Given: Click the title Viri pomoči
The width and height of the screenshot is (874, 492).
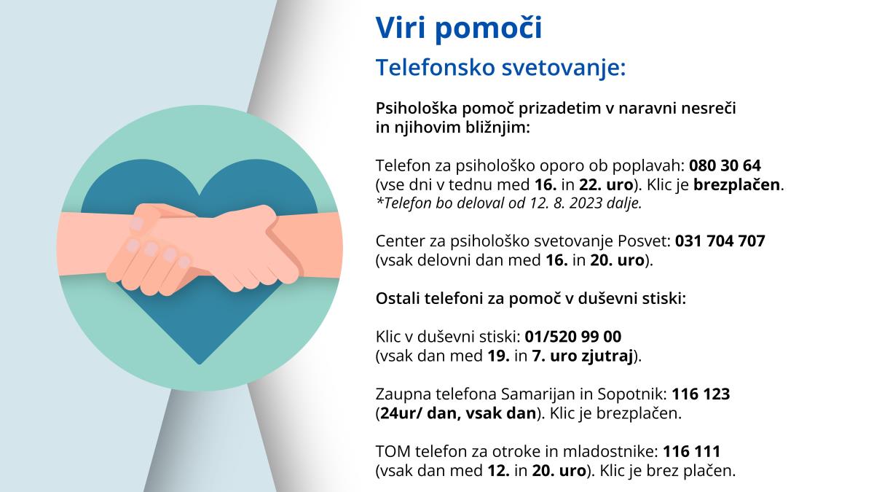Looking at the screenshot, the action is pos(459,28).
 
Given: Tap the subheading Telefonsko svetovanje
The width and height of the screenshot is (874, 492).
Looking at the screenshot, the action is pos(500,68).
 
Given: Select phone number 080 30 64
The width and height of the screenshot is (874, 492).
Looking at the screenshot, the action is pos(725,165).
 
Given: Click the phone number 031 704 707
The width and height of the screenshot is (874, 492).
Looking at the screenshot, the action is pos(720,241).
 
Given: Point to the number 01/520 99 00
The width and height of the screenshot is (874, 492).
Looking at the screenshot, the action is pos(572,336).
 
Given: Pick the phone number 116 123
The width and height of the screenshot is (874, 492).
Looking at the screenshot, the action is pos(701,394).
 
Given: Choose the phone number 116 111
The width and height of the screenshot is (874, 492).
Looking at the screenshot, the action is pos(692,451).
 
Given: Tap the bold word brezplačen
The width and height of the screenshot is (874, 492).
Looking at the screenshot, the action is pos(736,184).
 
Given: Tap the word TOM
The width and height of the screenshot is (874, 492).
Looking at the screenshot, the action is pos(393,451).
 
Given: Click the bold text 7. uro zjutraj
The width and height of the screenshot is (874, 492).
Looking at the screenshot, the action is pos(582,356).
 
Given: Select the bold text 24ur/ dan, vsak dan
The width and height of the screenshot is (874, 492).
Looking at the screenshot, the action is pos(458,413).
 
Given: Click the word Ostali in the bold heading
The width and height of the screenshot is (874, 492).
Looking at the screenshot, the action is pos(398,299).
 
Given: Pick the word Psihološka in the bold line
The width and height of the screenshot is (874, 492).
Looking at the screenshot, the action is pos(417,108).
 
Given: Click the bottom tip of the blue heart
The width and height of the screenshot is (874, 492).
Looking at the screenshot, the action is pos(200,364).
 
